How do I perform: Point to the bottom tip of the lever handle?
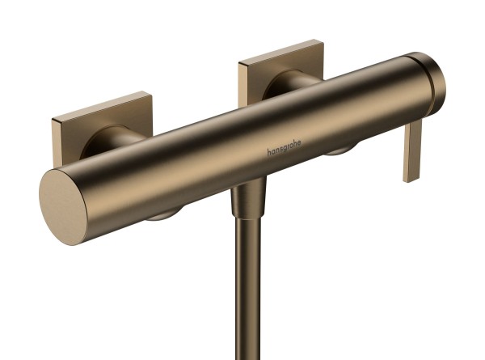(x=411, y=178)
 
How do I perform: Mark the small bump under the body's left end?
(x=162, y=214)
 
